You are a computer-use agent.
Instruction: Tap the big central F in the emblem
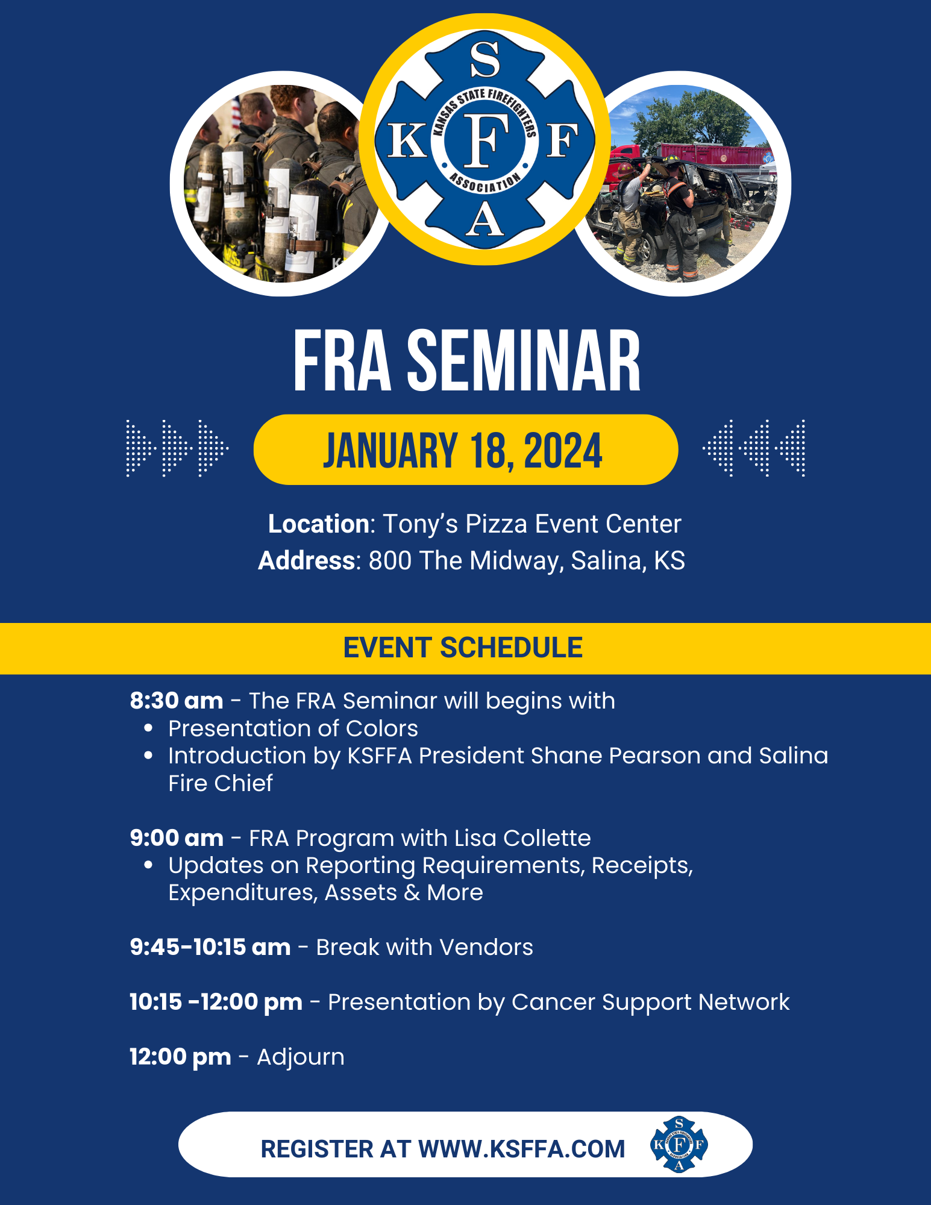pos(484,141)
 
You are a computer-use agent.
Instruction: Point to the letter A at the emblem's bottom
pos(484,221)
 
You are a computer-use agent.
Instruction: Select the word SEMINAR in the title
pos(524,361)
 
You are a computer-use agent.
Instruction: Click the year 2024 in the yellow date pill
pos(563,451)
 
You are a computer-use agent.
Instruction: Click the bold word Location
pos(318,524)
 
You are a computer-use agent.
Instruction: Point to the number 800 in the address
pos(390,560)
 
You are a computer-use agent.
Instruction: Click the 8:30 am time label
pos(177,701)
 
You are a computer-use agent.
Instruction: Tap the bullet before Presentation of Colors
pos(148,728)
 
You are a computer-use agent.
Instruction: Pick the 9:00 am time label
pos(177,838)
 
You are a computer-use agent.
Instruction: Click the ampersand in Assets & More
pos(412,892)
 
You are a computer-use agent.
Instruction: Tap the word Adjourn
pos(301,1057)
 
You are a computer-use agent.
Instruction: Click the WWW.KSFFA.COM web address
pos(521,1149)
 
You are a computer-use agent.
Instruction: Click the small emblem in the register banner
pos(679,1144)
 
